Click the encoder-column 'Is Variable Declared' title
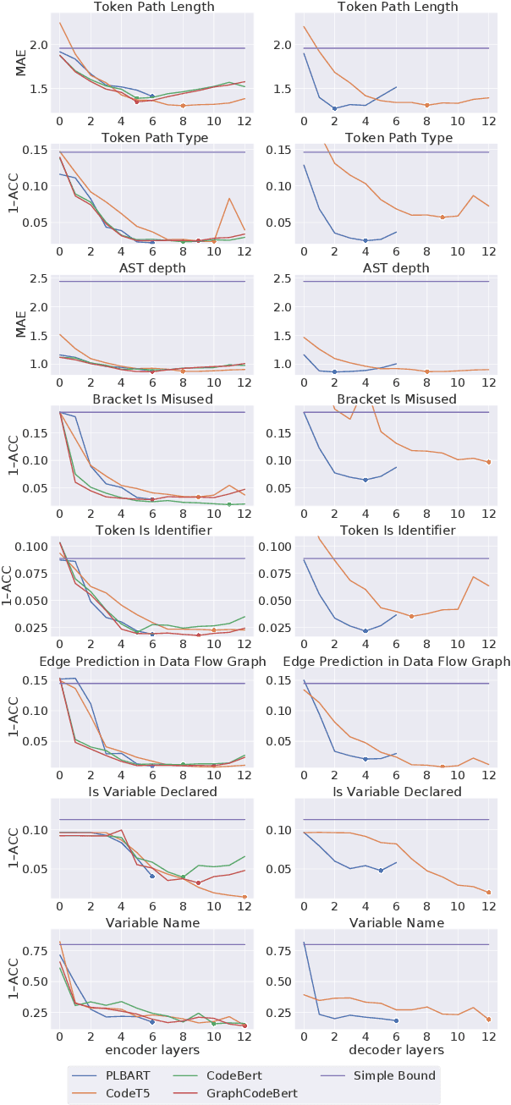tap(151, 791)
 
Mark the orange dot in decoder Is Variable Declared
tap(489, 892)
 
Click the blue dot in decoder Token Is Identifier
tap(365, 631)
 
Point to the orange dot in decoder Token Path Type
tap(442, 217)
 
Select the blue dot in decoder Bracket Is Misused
tap(365, 480)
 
